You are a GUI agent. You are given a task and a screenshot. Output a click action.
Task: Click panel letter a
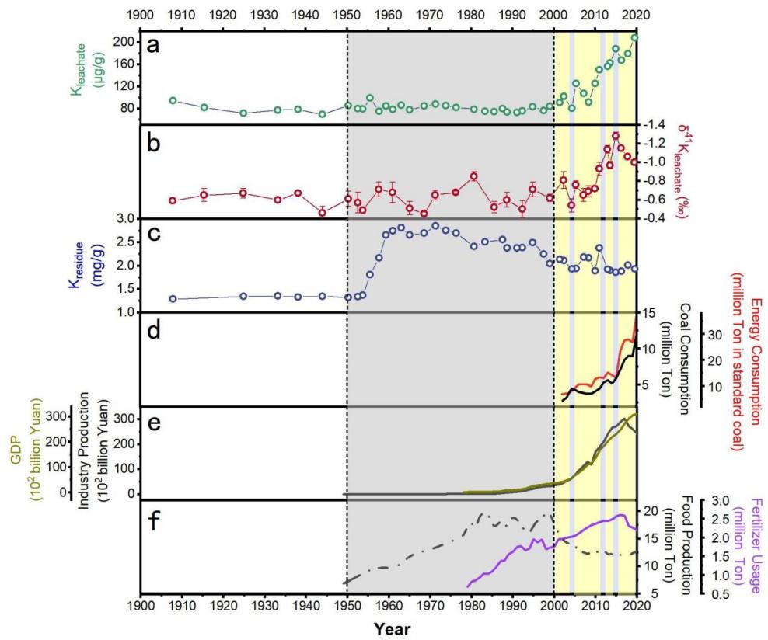[154, 46]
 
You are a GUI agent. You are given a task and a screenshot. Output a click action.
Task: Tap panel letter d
[154, 329]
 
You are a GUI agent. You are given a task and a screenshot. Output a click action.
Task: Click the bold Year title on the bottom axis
[387, 628]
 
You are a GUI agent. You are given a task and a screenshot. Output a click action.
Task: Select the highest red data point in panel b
[615, 135]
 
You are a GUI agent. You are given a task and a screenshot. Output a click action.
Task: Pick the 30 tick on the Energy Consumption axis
[717, 335]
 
